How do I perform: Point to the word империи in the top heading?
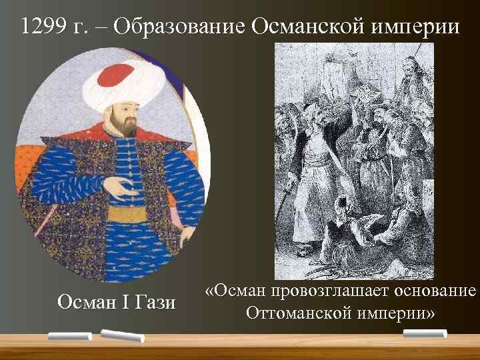point(417,26)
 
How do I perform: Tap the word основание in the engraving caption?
point(433,291)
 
